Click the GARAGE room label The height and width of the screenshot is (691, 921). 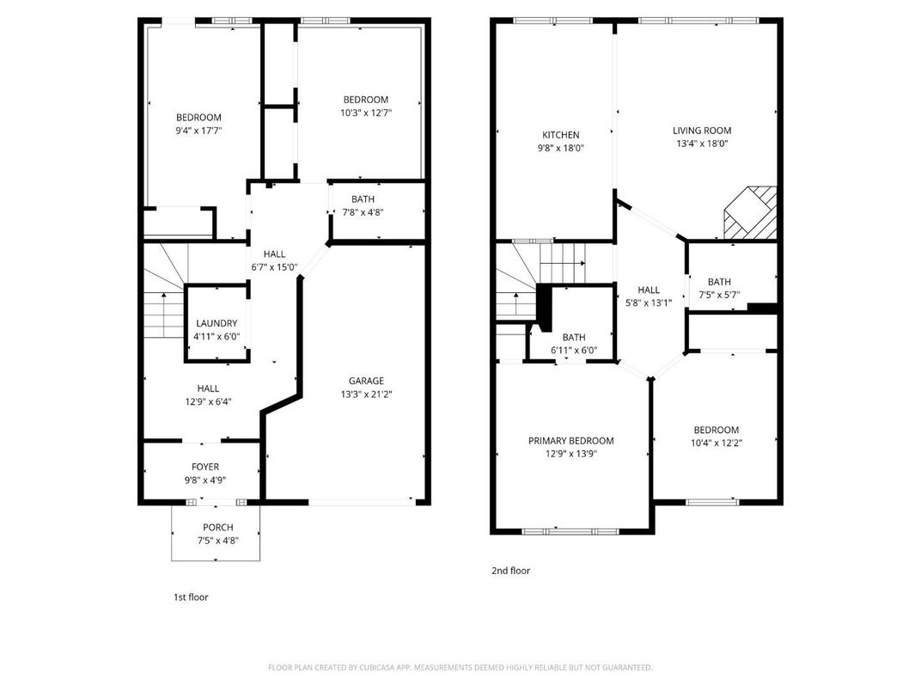(x=366, y=381)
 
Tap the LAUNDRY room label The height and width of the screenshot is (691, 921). (x=217, y=323)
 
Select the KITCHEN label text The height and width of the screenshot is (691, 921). (x=560, y=135)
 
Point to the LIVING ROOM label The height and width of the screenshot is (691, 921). (x=701, y=131)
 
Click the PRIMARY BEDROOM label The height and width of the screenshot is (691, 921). (x=570, y=441)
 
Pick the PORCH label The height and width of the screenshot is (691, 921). (x=217, y=527)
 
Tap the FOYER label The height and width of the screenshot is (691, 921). (x=204, y=467)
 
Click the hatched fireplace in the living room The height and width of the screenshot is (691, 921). (x=751, y=213)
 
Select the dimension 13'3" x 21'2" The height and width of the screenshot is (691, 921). (x=366, y=394)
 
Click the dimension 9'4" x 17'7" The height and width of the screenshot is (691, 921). (x=198, y=131)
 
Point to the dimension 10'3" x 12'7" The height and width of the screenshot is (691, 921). (x=365, y=113)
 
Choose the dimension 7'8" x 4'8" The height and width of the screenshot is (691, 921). (x=362, y=212)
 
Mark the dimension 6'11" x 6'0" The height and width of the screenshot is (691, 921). (x=573, y=351)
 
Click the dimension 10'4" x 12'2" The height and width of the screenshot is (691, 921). (x=716, y=443)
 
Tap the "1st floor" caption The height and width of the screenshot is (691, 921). (x=191, y=596)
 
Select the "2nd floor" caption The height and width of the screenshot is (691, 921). (x=510, y=571)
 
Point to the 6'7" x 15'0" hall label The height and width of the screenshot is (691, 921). (x=274, y=266)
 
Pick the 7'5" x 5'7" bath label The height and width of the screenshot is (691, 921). (x=718, y=295)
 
